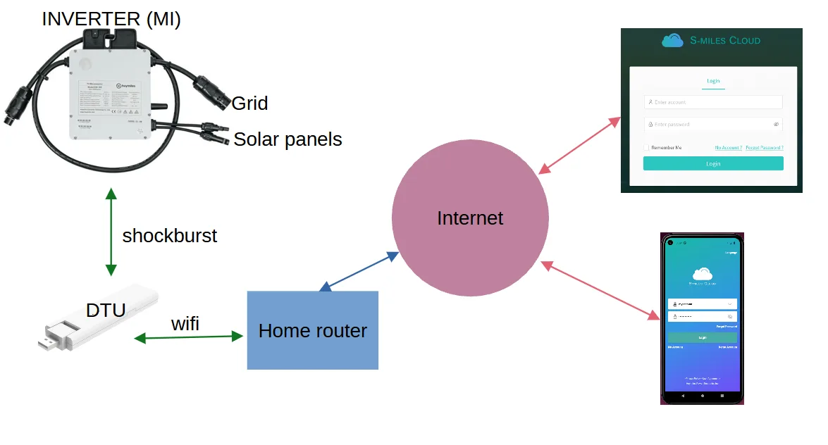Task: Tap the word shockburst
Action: pos(170,235)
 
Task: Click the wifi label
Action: pos(185,324)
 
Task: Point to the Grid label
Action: pos(249,104)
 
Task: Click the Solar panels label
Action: pos(288,139)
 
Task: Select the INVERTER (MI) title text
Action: pos(111,19)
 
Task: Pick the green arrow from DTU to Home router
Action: pos(188,338)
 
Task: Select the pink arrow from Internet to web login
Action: pos(579,145)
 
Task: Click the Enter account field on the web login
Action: pos(713,102)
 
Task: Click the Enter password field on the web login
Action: pos(708,125)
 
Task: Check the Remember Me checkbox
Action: pos(646,148)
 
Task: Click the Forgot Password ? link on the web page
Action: pos(765,148)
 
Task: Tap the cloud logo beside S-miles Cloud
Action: pos(672,40)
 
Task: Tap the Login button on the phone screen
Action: pos(702,337)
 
